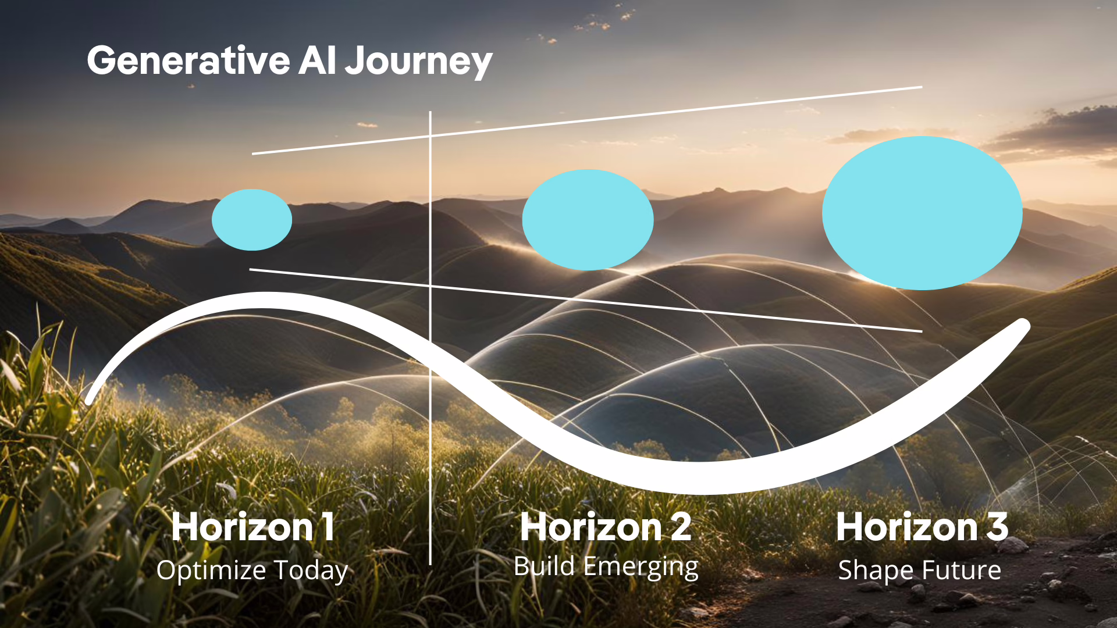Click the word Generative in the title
click(188, 60)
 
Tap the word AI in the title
click(318, 60)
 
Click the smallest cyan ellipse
click(252, 220)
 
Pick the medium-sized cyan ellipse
click(588, 220)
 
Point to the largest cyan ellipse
click(922, 213)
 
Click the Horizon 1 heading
click(253, 527)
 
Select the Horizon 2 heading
click(606, 527)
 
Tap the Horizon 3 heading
click(922, 527)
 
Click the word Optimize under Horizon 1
click(211, 570)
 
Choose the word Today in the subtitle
click(311, 571)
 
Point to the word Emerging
click(641, 567)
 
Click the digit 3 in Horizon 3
click(997, 527)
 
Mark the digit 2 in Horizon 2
click(681, 527)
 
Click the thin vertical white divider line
click(431, 338)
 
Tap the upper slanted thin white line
click(587, 120)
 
